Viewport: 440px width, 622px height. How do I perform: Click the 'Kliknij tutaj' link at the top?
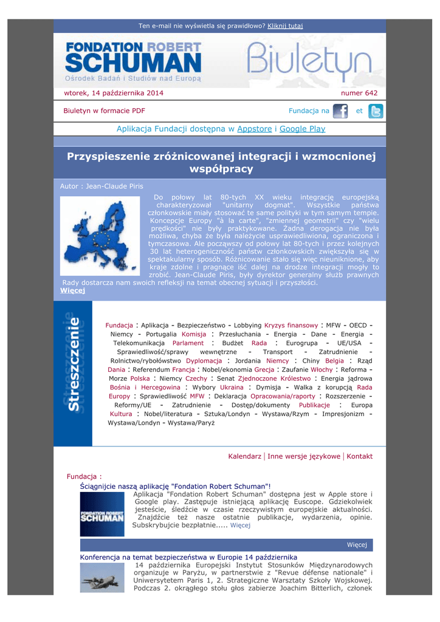click(x=285, y=26)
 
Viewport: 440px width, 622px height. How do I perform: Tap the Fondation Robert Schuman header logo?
click(x=133, y=61)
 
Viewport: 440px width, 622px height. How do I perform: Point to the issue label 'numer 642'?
click(x=359, y=93)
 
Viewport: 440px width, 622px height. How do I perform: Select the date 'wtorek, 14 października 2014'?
click(x=114, y=93)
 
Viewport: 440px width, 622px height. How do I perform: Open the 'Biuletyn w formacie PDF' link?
click(x=104, y=111)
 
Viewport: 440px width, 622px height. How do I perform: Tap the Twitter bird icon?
click(x=376, y=111)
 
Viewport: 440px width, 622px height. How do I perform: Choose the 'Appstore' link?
click(x=254, y=129)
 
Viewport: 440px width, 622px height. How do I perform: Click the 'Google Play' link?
click(x=302, y=129)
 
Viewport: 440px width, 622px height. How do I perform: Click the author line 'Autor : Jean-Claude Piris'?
click(x=101, y=186)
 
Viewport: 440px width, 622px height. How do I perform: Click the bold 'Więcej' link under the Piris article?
click(x=73, y=290)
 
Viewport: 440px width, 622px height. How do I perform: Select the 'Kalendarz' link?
click(x=244, y=456)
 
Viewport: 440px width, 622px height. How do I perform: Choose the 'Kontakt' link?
click(x=359, y=456)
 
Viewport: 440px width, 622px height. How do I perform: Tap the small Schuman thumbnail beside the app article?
click(x=101, y=514)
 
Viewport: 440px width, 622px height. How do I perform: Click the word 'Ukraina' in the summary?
click(x=232, y=387)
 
